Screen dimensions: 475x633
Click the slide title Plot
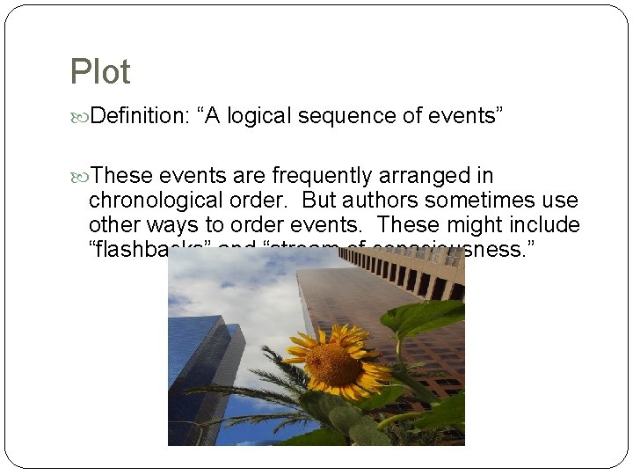(x=99, y=72)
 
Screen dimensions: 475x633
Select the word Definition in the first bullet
(x=139, y=116)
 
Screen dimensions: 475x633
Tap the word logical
(x=259, y=116)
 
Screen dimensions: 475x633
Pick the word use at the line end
(x=559, y=201)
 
